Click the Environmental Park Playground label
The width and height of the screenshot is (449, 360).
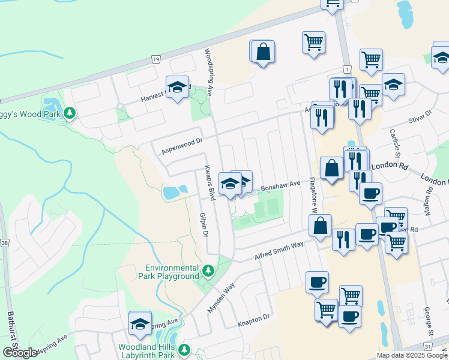pos(172,272)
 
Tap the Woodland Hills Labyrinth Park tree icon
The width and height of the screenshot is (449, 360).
pos(184,350)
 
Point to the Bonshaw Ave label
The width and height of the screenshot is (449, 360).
pos(279,187)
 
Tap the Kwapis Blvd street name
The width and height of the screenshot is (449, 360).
pos(209,182)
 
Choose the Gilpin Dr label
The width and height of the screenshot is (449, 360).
pos(203,224)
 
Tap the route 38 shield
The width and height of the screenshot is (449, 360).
pos(5,243)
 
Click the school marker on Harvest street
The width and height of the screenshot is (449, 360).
pos(177,88)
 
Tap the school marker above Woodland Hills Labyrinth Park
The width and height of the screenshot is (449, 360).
pos(140,324)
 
